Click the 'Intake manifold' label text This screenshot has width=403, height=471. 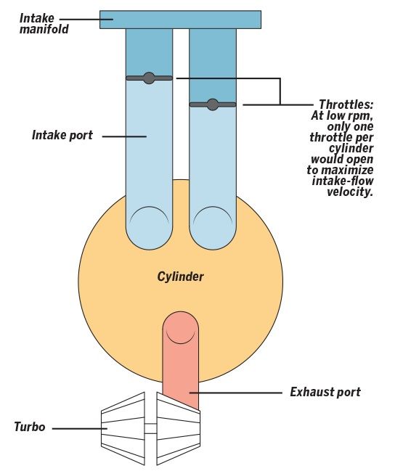[44, 23]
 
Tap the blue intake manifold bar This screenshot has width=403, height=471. [180, 20]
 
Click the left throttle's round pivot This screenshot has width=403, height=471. [149, 78]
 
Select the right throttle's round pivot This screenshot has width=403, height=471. [213, 105]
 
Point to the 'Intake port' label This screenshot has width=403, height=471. [62, 135]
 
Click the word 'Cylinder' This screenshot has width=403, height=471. [180, 277]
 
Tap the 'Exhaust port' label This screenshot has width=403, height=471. [325, 392]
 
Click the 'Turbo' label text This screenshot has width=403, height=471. [30, 427]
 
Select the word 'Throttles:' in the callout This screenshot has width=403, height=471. [346, 105]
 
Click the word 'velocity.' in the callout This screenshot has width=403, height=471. [350, 192]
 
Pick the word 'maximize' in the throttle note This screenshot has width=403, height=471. [347, 170]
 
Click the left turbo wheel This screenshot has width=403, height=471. [123, 428]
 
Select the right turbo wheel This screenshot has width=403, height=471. [179, 428]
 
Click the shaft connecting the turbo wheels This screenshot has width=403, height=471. [150, 428]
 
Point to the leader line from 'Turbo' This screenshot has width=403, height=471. [80, 428]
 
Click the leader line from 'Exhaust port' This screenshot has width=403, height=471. [235, 393]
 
